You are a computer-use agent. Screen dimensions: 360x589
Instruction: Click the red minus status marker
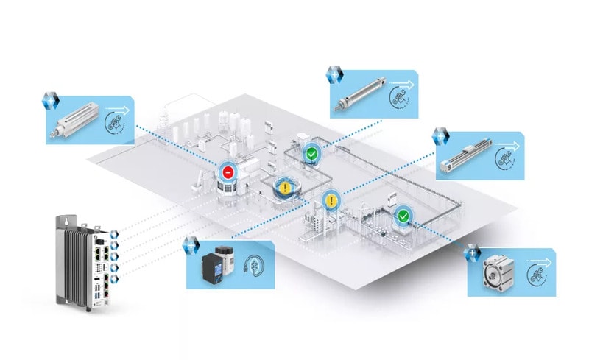coord(228,172)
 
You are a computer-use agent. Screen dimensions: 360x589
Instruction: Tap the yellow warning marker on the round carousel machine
coord(283,186)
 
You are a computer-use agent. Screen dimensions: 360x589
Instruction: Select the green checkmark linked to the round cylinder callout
coord(312,154)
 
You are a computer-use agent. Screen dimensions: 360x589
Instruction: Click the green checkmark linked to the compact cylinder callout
coord(403,216)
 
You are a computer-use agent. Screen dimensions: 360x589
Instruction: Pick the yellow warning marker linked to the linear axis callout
coord(332,200)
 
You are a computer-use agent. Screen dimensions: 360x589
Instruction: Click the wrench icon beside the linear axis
coord(506,158)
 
